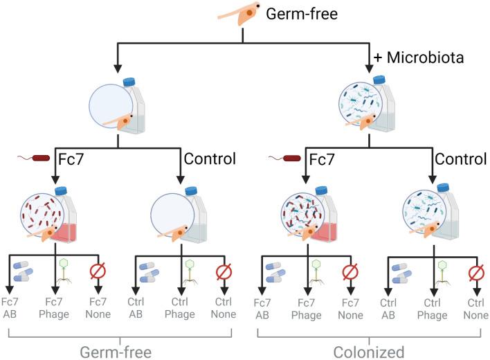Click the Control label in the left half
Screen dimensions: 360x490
coord(210,159)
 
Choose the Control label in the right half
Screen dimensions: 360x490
coord(460,159)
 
